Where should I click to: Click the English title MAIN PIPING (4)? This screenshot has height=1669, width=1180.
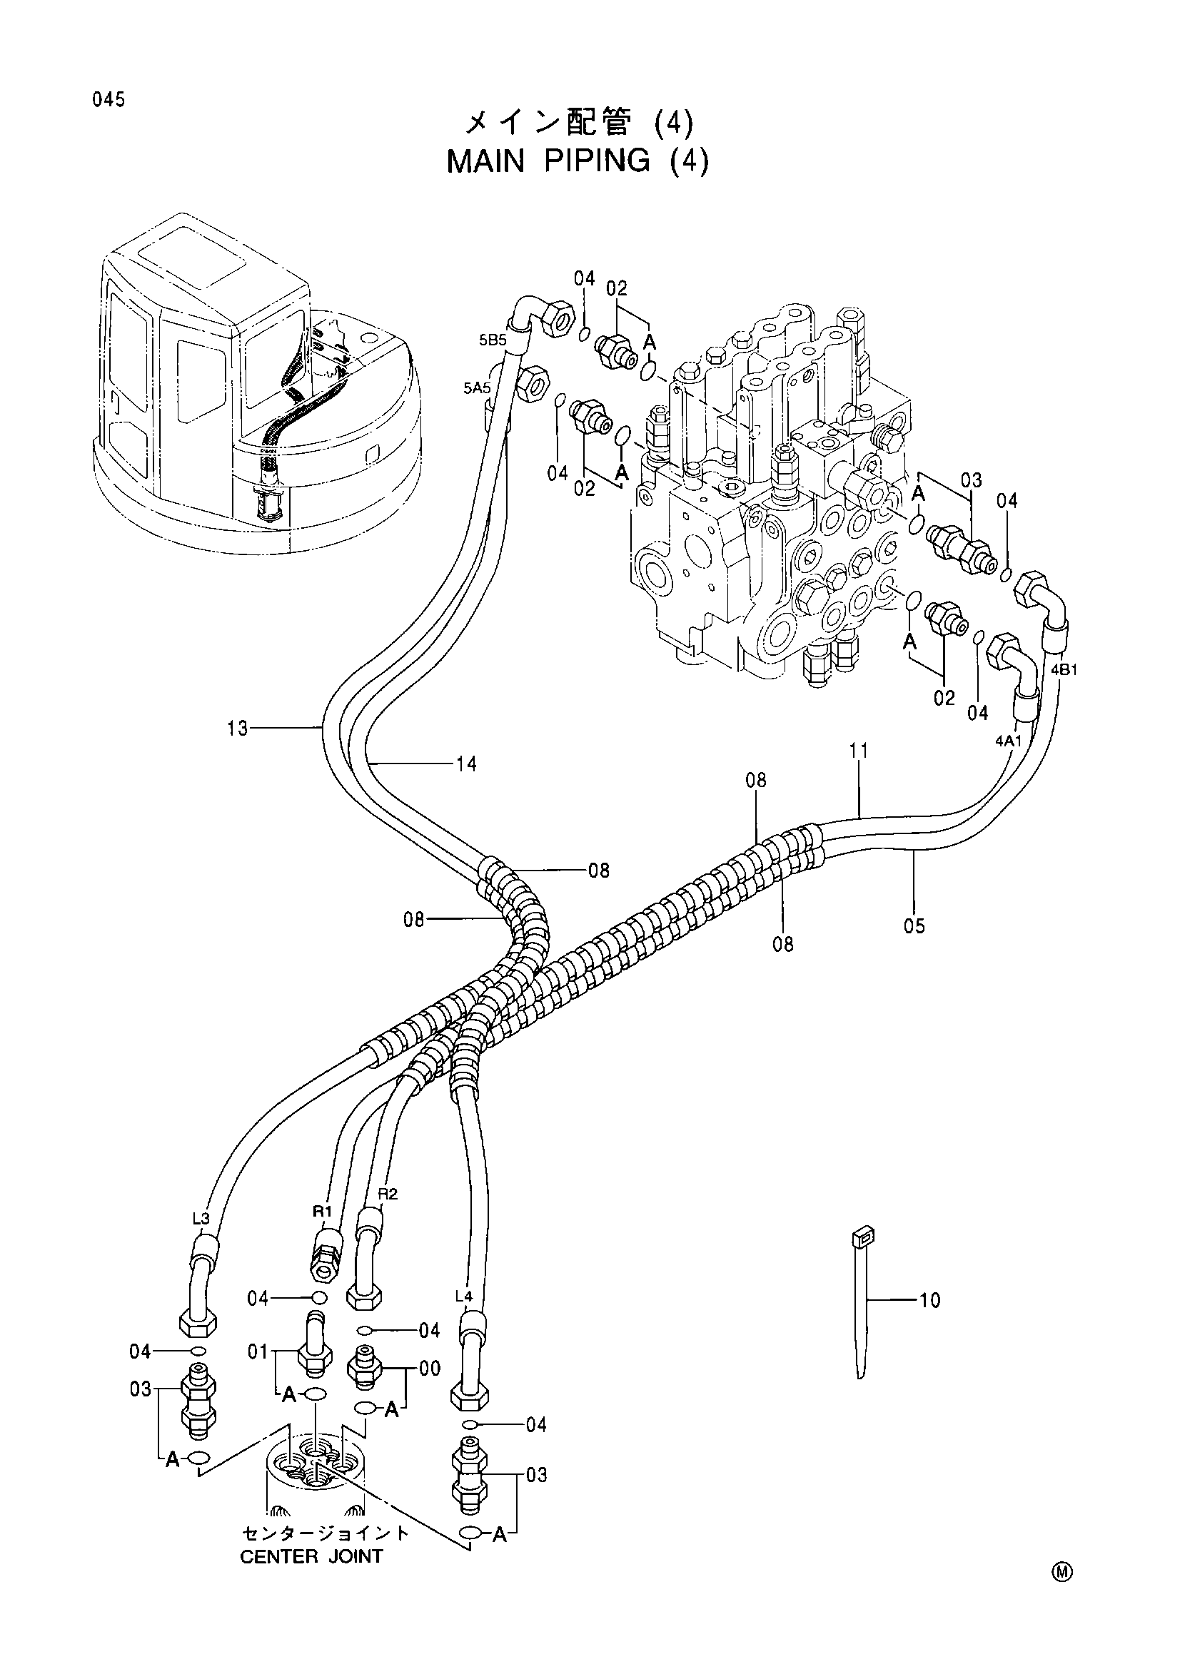578,161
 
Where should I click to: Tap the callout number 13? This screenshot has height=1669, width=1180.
238,728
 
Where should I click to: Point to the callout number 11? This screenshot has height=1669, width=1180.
859,750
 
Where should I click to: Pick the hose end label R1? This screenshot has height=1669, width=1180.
322,1211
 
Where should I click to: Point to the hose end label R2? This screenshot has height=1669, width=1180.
388,1194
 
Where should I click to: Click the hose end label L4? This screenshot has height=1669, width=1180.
464,1296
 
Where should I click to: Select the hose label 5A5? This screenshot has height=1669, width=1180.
477,389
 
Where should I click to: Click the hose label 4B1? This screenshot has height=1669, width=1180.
1064,670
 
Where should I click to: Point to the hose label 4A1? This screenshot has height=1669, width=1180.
1009,741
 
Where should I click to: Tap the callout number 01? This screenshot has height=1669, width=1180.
258,1353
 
